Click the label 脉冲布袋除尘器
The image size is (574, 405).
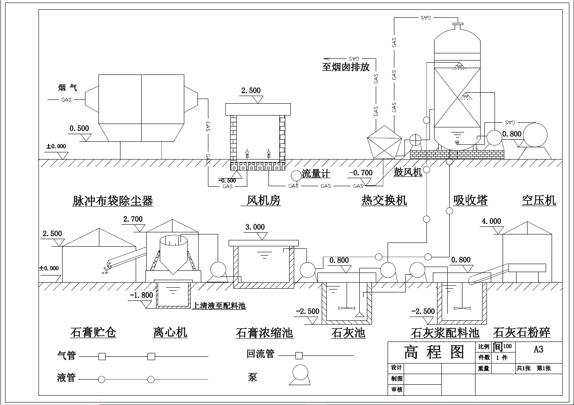pyautogui.click(x=112, y=201)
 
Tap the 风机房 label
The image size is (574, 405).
pyautogui.click(x=263, y=200)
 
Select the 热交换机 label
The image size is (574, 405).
pyautogui.click(x=384, y=200)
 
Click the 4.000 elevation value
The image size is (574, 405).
pyautogui.click(x=491, y=221)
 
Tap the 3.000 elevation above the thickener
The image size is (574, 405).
pyautogui.click(x=255, y=227)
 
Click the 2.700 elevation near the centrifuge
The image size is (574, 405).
pyautogui.click(x=133, y=219)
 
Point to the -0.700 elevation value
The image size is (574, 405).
pyautogui.click(x=361, y=173)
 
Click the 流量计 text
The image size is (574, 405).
pyautogui.click(x=316, y=174)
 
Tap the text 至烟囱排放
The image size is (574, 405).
pyautogui.click(x=345, y=67)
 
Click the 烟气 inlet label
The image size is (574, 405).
pyautogui.click(x=68, y=88)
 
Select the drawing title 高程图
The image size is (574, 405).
pyautogui.click(x=434, y=352)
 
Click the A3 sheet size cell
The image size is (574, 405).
pyautogui.click(x=538, y=350)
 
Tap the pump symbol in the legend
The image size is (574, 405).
pyautogui.click(x=300, y=375)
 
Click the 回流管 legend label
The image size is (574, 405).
pyautogui.click(x=260, y=354)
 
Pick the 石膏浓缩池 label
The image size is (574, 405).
pyautogui.click(x=264, y=333)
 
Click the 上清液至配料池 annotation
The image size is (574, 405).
pyautogui.click(x=219, y=306)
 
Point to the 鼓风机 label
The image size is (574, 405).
pyautogui.click(x=407, y=172)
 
